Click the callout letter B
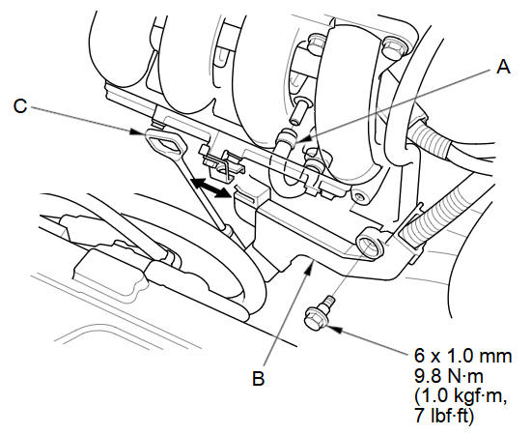coord(259,378)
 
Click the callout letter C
coord(20,105)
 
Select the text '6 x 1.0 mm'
coord(463,356)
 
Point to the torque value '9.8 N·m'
coord(449,376)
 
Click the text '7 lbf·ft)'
coord(444,416)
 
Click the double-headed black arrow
coord(210,188)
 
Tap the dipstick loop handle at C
coord(165,145)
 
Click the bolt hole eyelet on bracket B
coord(369,244)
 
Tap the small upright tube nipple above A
coord(298,111)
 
